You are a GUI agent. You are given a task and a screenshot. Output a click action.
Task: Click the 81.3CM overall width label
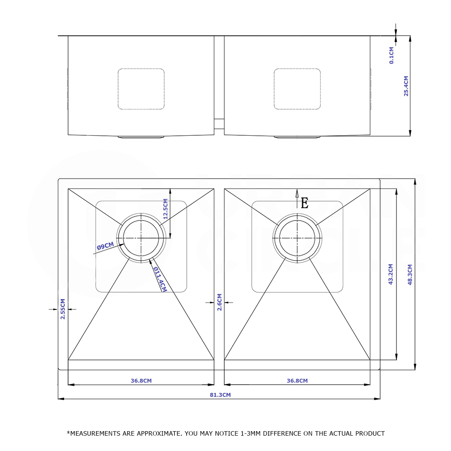click(220, 395)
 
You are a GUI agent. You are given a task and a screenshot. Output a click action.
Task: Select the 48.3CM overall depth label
click(410, 275)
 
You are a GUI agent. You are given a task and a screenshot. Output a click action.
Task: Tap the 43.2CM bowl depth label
click(391, 274)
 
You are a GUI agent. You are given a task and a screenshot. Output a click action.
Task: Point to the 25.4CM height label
click(406, 86)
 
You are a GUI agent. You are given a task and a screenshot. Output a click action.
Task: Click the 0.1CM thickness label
click(391, 55)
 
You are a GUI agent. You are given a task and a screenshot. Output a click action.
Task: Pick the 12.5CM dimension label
click(166, 209)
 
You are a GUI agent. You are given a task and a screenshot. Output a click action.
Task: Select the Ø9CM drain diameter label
click(105, 246)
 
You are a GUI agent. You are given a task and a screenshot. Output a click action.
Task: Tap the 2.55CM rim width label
click(63, 309)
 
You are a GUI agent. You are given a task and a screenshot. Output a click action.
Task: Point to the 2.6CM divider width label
click(220, 302)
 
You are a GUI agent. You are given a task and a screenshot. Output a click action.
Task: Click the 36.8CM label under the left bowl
click(141, 381)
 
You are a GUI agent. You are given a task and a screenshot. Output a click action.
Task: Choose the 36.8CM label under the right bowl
click(297, 381)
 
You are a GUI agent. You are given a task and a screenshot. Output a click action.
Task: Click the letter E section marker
click(304, 203)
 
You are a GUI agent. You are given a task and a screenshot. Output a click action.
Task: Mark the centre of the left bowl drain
click(141, 238)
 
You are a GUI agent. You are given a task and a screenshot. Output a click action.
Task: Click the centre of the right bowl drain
click(297, 238)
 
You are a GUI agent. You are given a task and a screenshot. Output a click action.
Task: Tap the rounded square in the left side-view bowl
click(141, 89)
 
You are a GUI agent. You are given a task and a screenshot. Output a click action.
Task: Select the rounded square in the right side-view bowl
click(297, 89)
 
